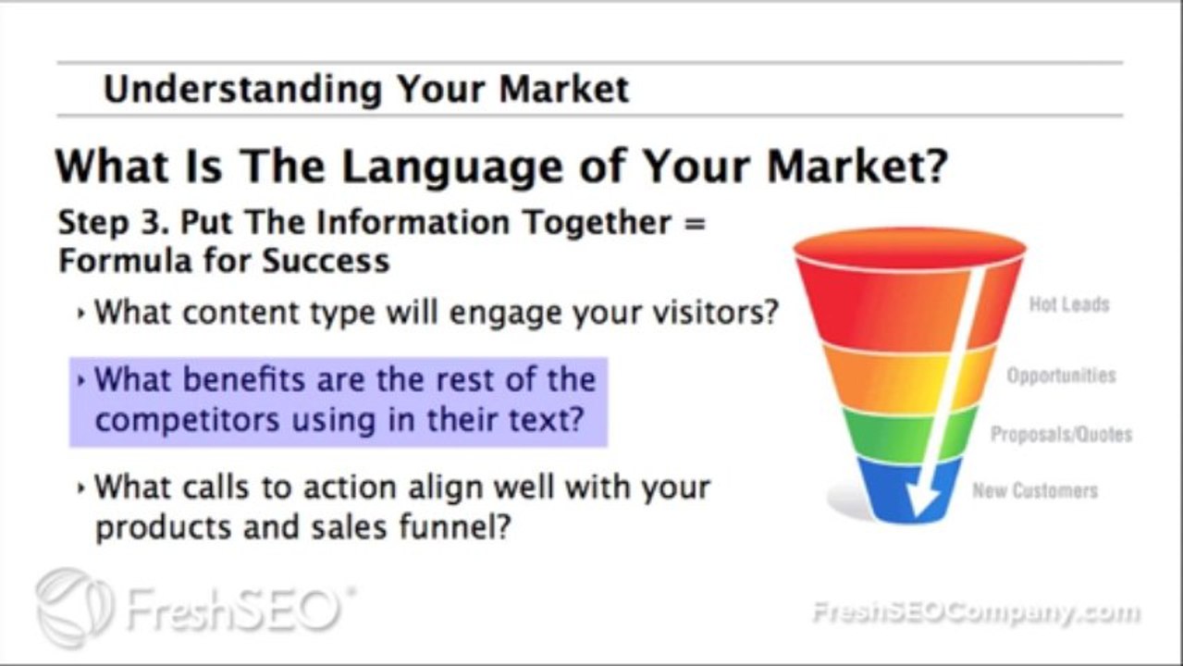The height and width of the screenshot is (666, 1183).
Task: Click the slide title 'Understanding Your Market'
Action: tap(365, 90)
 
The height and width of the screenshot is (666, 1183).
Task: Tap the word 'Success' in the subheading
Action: tap(327, 261)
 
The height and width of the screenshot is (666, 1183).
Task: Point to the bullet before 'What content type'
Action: tap(82, 314)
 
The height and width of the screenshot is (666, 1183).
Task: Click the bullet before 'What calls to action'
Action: tap(82, 487)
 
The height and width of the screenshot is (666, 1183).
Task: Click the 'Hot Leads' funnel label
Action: tap(1068, 304)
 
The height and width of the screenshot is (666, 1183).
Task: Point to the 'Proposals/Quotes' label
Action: tap(1061, 434)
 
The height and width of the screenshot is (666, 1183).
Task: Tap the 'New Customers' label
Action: tap(1034, 490)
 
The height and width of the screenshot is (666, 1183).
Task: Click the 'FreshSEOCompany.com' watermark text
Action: tap(975, 612)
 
